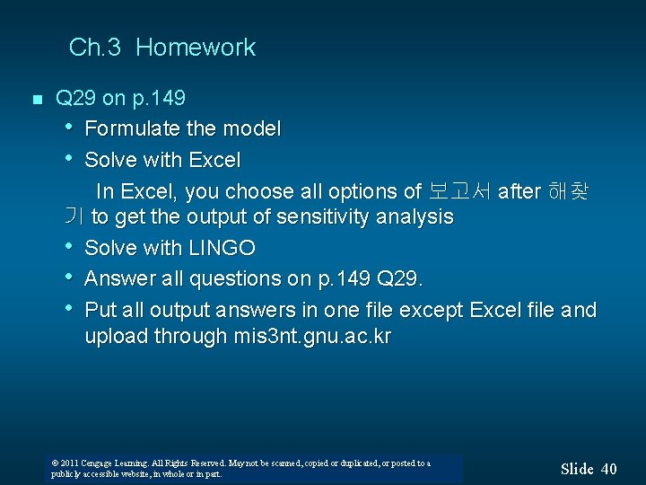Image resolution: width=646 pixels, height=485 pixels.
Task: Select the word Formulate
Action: click(132, 129)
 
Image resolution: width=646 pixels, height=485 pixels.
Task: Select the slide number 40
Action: click(608, 468)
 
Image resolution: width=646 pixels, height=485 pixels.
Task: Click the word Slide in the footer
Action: click(577, 468)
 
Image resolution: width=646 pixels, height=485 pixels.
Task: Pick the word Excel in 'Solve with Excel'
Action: click(214, 160)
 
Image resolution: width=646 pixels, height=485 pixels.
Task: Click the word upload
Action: click(116, 337)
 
